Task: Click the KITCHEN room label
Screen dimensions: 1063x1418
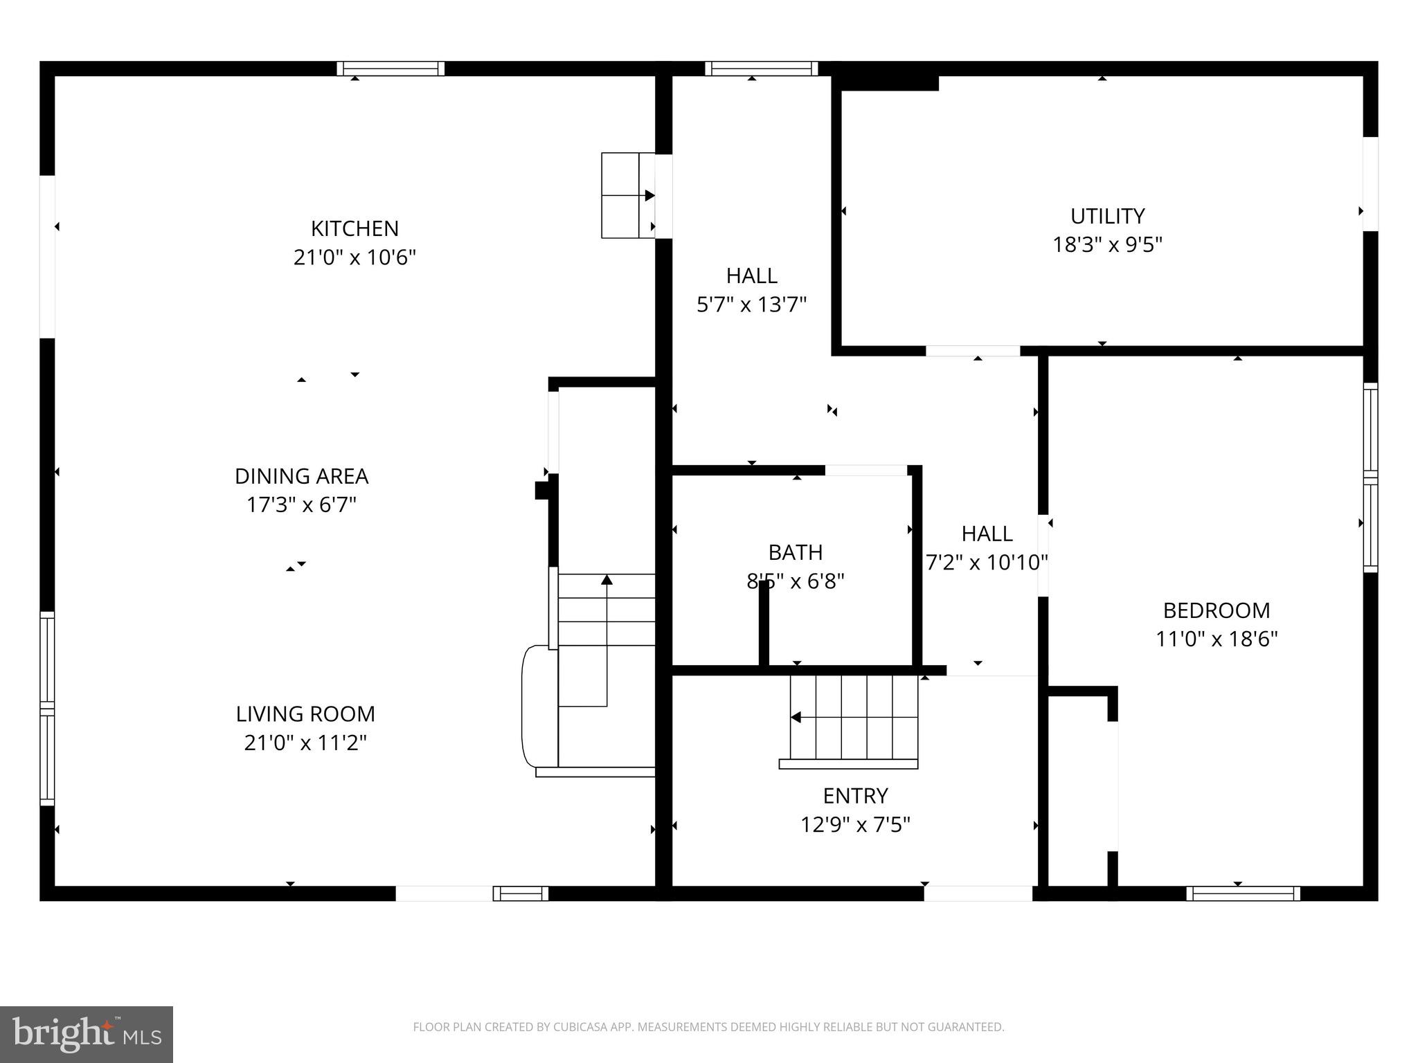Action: pos(354,228)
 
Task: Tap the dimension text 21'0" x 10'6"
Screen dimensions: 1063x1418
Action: pos(354,257)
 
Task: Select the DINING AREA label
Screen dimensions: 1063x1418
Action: pos(301,476)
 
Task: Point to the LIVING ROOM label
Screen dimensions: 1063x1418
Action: pos(305,714)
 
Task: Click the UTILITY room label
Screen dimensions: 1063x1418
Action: pos(1107,216)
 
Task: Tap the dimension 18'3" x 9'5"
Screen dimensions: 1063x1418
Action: pos(1107,245)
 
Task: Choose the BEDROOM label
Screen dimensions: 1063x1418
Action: pos(1216,610)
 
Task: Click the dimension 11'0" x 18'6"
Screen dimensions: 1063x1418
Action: pos(1216,639)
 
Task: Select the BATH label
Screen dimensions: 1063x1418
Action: pos(796,552)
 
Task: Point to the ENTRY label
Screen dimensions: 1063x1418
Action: pos(855,796)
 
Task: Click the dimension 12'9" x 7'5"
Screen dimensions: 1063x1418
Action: pos(855,825)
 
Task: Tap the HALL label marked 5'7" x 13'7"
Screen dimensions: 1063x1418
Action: pos(751,275)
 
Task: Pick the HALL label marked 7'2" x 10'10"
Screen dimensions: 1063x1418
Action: pos(987,534)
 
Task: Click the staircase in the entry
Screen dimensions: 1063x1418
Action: pos(854,718)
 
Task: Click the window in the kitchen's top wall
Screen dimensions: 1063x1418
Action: pos(391,69)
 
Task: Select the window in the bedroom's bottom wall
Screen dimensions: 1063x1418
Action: pos(1243,893)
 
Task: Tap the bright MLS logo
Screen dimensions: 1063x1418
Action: pos(86,1035)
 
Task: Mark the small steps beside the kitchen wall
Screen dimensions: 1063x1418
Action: pos(627,196)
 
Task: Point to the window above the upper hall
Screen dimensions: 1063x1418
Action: pos(761,69)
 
